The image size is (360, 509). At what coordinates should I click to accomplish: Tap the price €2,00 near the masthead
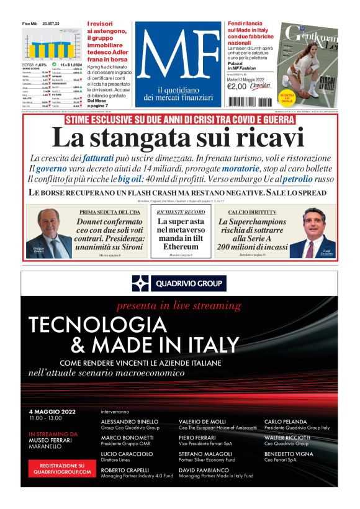[x=237, y=86]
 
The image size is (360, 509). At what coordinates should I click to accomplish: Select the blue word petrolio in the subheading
[x=299, y=179]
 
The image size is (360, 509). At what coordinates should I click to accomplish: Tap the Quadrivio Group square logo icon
[x=140, y=284]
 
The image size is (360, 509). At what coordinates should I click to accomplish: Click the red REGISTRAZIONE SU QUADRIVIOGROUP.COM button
[x=62, y=469]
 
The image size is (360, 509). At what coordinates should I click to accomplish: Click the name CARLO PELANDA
[x=287, y=421]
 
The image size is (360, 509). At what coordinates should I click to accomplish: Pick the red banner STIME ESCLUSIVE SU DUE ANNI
[x=180, y=119]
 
